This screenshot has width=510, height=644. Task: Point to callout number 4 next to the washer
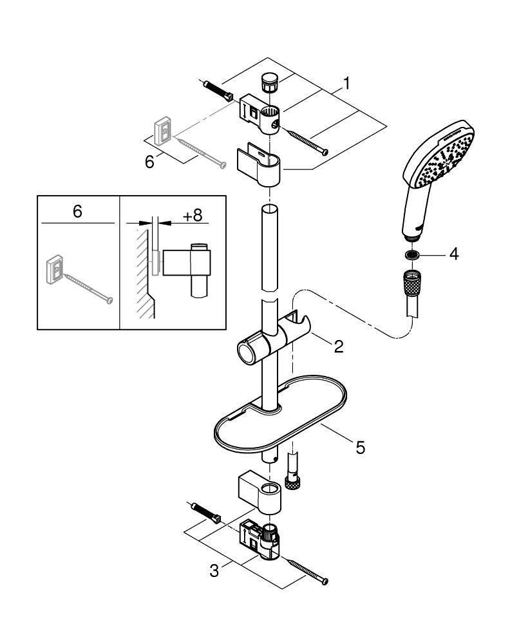[453, 254]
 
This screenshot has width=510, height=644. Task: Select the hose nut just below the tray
[294, 484]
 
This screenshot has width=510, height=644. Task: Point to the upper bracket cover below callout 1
[260, 167]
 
